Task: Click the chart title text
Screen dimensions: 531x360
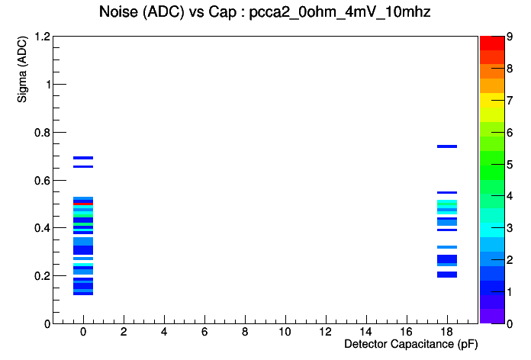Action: pos(265,12)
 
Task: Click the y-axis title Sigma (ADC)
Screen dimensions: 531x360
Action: pos(22,69)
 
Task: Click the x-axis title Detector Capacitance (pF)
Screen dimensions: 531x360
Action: pos(410,344)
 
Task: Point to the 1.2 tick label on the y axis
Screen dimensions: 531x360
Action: pos(42,37)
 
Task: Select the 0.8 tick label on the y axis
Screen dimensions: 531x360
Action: pos(42,133)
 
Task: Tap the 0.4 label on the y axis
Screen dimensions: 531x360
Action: pos(42,228)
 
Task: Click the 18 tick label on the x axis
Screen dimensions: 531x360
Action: pos(447,332)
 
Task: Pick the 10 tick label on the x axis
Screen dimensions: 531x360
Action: pos(285,332)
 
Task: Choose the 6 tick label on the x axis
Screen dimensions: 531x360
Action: pos(204,332)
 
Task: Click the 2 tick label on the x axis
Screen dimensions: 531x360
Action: pos(124,332)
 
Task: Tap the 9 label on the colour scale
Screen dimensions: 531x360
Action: pos(510,37)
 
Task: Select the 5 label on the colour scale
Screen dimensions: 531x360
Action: pos(510,165)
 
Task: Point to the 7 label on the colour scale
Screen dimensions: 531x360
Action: pos(510,100)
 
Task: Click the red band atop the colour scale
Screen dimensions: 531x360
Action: pos(492,43)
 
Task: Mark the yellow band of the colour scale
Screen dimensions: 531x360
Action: pos(492,100)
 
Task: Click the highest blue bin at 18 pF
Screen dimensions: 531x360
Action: pos(447,146)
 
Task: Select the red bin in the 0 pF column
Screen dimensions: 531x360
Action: pos(83,204)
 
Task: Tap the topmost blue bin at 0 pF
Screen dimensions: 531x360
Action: pos(83,158)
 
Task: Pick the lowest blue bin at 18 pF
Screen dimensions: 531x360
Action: pos(447,275)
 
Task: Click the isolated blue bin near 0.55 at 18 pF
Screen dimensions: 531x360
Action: pos(447,193)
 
